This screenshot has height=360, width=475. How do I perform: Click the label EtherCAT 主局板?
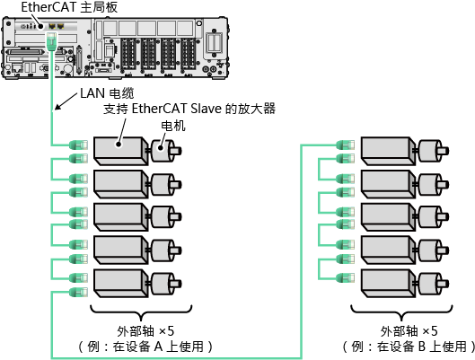tap(69, 7)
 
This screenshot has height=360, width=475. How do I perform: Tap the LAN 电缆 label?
tap(107, 93)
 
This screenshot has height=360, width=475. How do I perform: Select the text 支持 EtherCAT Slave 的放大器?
tap(189, 109)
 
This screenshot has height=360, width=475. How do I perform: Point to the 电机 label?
tap(173, 126)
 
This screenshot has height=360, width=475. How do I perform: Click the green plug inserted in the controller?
tap(51, 41)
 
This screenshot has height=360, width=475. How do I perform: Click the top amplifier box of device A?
tap(121, 151)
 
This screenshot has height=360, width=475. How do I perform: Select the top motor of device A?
tap(166, 151)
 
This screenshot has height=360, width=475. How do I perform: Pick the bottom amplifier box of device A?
tap(121, 284)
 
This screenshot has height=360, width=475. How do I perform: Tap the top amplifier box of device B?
tap(388, 151)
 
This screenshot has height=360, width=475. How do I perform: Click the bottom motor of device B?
tap(433, 284)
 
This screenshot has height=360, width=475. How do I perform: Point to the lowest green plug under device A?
tap(78, 292)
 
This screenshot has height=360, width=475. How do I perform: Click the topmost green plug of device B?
tap(346, 145)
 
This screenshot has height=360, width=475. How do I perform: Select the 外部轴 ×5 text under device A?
tap(145, 331)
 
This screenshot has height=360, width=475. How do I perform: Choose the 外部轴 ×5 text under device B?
tap(409, 331)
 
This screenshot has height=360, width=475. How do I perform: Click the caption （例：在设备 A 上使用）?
tap(145, 347)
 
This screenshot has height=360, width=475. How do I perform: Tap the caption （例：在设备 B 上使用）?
tap(409, 347)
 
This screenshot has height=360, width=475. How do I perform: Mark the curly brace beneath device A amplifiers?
tap(141, 312)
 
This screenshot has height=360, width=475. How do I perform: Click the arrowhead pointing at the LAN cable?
tap(58, 106)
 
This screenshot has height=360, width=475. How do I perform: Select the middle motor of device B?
tap(433, 216)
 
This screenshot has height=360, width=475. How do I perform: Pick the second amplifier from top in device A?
tap(121, 184)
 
